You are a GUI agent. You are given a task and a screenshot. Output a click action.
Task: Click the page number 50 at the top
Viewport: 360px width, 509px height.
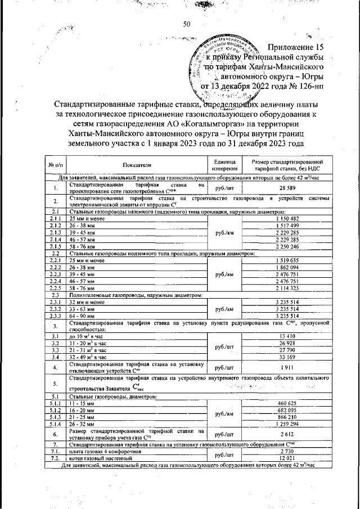[187, 24]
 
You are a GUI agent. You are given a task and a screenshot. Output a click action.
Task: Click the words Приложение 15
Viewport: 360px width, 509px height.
[297, 47]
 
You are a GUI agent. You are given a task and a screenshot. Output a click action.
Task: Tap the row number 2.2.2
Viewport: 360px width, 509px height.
[55, 267]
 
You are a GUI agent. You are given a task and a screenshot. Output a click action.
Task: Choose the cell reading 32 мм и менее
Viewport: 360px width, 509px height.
[87, 302]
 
